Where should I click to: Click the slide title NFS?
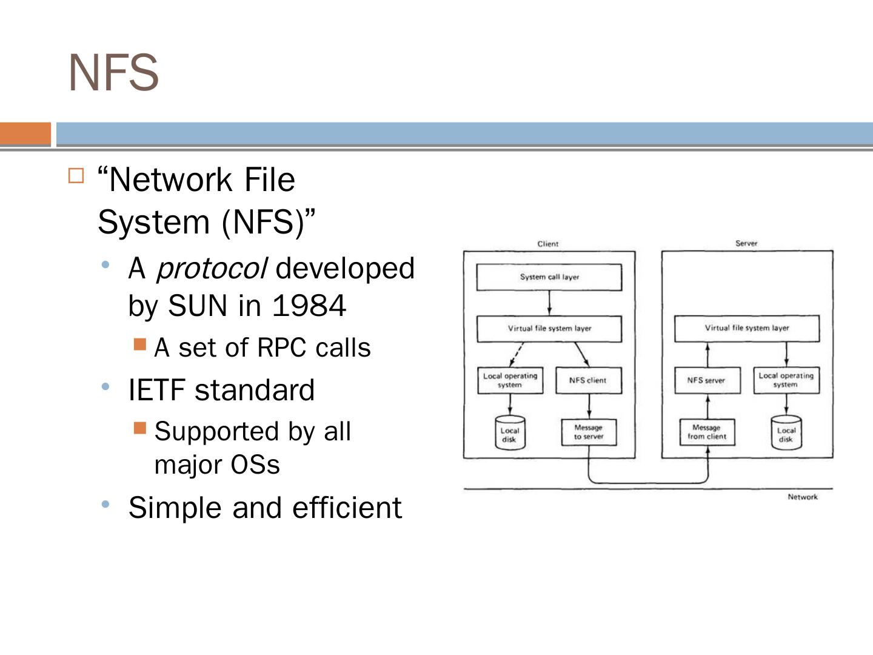(114, 73)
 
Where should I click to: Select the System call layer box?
(549, 277)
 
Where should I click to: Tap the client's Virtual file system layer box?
(549, 329)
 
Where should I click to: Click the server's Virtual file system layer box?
(746, 328)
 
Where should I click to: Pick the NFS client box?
(588, 380)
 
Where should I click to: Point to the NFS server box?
(706, 380)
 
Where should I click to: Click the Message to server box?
(589, 432)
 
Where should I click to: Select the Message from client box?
(707, 432)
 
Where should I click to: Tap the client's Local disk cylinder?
(509, 433)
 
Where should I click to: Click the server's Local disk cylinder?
(786, 433)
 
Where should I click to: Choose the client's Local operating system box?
(510, 380)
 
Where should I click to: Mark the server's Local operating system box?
(786, 380)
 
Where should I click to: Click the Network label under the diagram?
(802, 497)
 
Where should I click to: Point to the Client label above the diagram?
(548, 244)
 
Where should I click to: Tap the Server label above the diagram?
(746, 243)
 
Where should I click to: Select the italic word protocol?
(211, 269)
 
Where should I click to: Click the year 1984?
(309, 305)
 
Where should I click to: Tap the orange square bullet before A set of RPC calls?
(140, 345)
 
